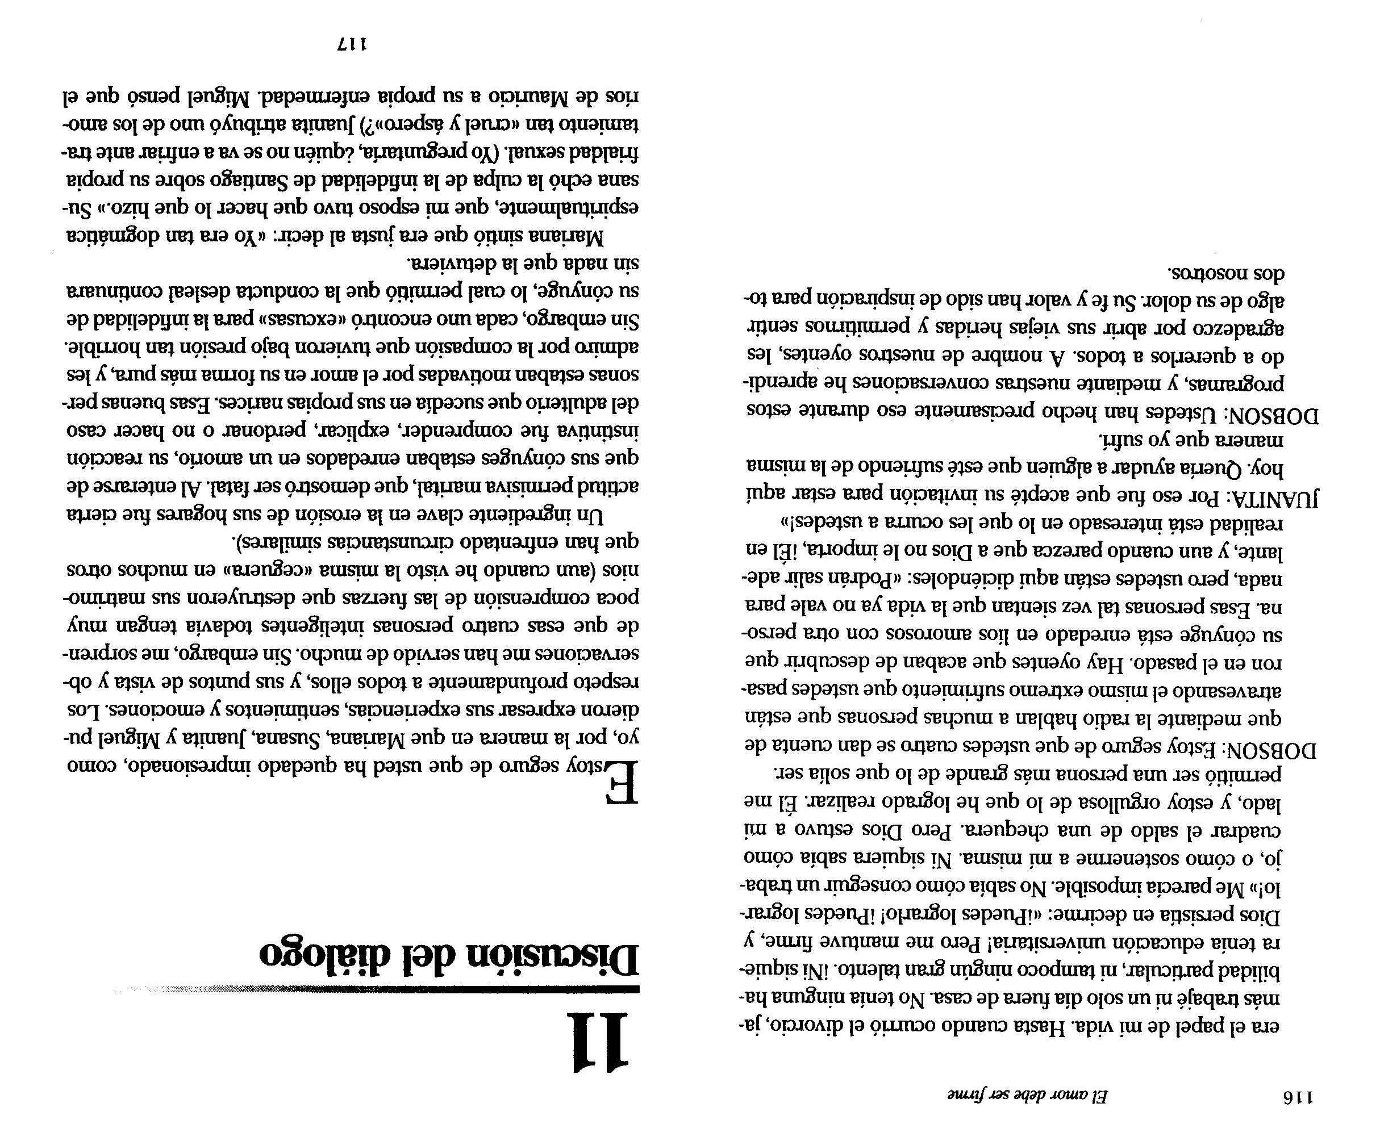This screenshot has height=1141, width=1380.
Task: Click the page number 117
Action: (352, 45)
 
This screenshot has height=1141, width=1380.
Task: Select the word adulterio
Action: (579, 402)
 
